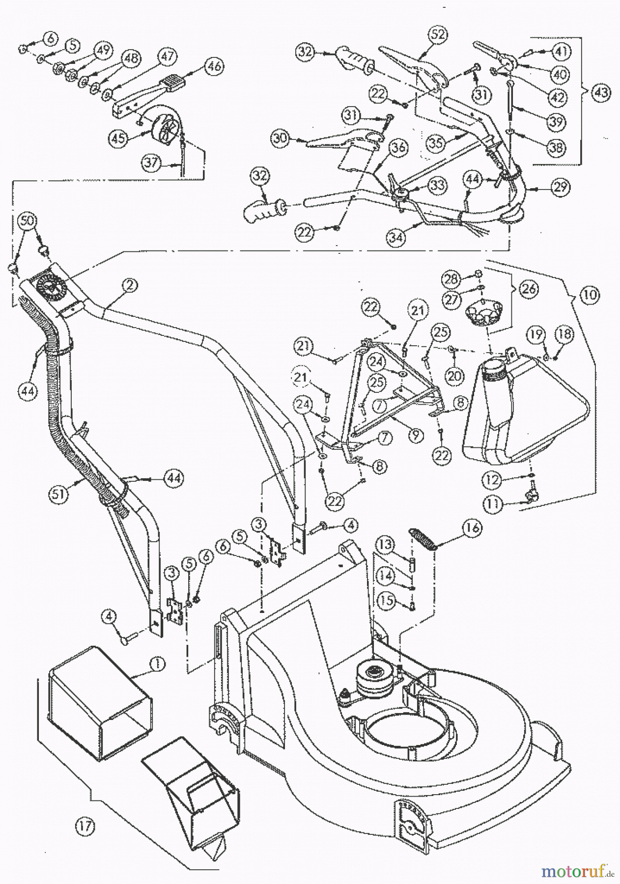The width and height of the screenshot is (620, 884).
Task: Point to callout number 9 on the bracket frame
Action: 416,435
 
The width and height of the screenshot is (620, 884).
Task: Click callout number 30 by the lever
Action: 281,139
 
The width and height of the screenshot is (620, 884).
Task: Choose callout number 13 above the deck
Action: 386,544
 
